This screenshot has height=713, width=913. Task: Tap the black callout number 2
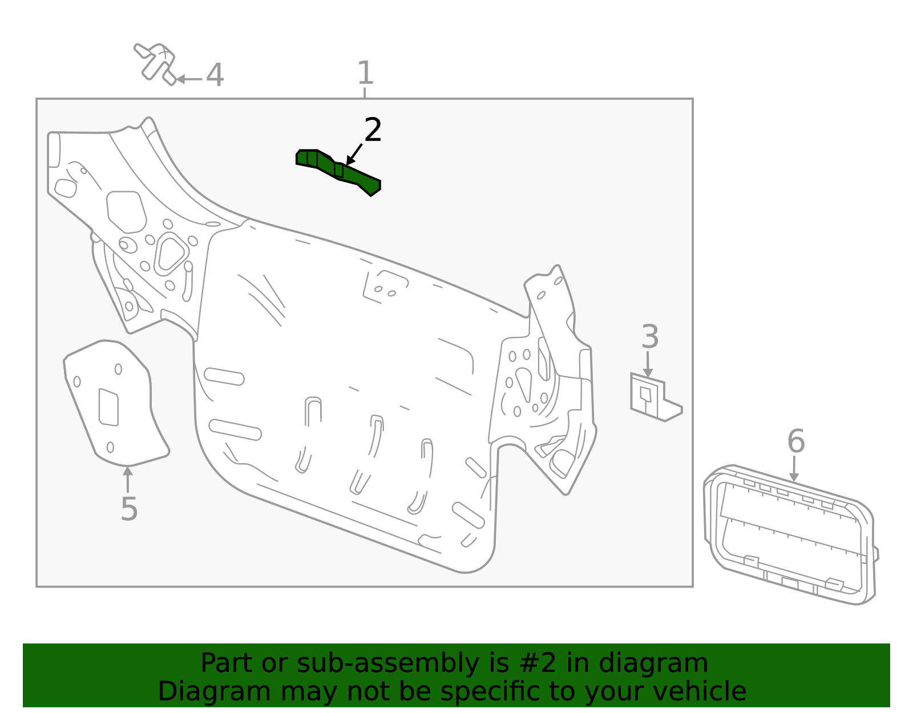373,130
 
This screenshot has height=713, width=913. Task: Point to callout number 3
650,337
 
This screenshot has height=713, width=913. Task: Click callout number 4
215,75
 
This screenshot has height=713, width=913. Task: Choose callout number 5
129,509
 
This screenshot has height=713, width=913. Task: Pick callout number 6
796,441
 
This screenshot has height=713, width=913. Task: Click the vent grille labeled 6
790,537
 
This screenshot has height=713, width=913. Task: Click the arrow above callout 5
128,478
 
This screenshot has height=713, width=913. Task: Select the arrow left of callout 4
188,79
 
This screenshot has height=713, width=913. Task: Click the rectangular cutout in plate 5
108,407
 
